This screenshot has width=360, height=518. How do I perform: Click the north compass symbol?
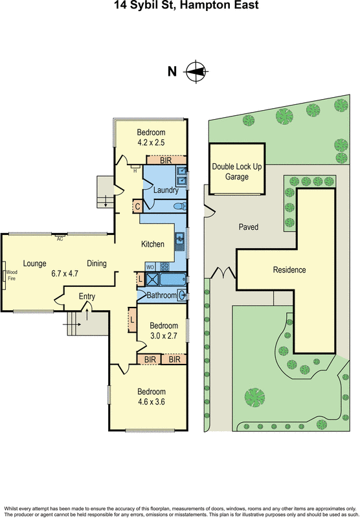tap(196, 71)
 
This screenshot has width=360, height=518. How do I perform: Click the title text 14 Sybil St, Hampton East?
tap(180, 6)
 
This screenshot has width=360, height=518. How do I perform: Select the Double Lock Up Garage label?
tap(237, 171)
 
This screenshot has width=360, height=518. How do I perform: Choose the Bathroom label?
tap(161, 295)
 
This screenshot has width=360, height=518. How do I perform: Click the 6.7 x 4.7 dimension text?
tap(64, 274)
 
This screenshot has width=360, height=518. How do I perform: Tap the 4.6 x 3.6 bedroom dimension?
tap(151, 402)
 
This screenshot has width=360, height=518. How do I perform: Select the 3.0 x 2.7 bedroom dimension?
tap(163, 335)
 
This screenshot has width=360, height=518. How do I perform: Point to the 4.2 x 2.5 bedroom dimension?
tap(151, 142)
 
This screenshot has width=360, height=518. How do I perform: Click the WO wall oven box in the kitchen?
tap(148, 267)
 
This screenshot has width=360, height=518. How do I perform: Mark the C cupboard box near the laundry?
tap(137, 207)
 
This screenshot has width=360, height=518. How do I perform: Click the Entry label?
tap(87, 296)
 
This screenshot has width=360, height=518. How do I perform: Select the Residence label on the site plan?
tap(289, 269)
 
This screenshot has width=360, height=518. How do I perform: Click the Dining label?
tap(96, 263)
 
